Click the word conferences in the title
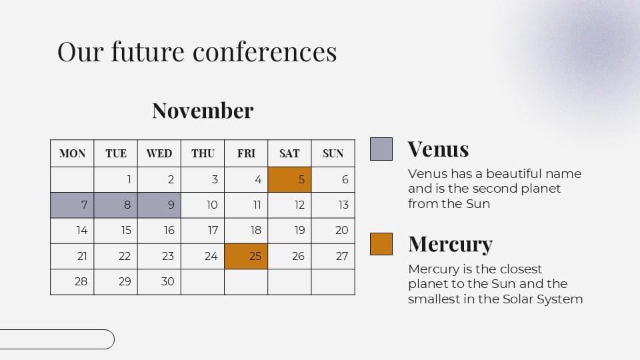(x=265, y=52)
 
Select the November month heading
(x=203, y=111)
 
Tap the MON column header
(x=72, y=153)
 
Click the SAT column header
(x=289, y=153)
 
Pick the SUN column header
(x=333, y=153)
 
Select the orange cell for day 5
(x=289, y=179)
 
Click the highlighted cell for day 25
(x=246, y=256)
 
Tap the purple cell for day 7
(x=72, y=205)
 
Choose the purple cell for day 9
(x=159, y=205)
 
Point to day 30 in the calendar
(x=167, y=281)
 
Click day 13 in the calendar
(x=343, y=205)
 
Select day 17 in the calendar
(x=213, y=231)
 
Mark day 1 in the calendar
(x=129, y=179)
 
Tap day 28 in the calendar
(x=81, y=281)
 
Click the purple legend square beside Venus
(x=381, y=149)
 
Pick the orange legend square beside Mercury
(x=381, y=244)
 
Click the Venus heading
(x=439, y=149)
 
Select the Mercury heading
(x=451, y=245)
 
